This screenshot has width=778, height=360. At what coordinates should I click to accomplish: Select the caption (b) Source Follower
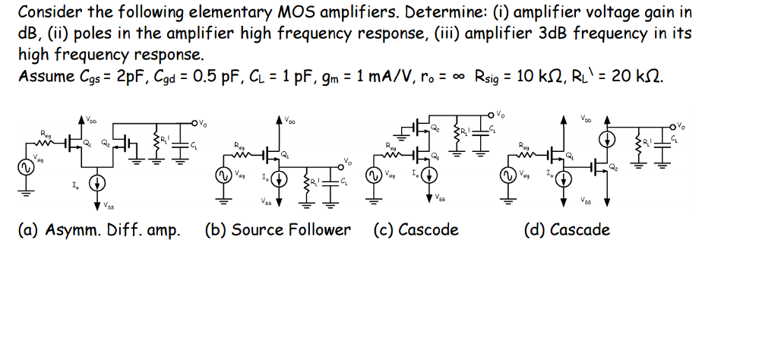tap(278, 230)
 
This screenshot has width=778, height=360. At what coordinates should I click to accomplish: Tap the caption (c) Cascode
tap(416, 230)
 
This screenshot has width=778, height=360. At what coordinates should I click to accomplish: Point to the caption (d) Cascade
tap(567, 230)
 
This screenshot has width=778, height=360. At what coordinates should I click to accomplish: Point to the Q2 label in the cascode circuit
tap(435, 129)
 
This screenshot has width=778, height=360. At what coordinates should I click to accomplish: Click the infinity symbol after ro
tap(459, 76)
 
